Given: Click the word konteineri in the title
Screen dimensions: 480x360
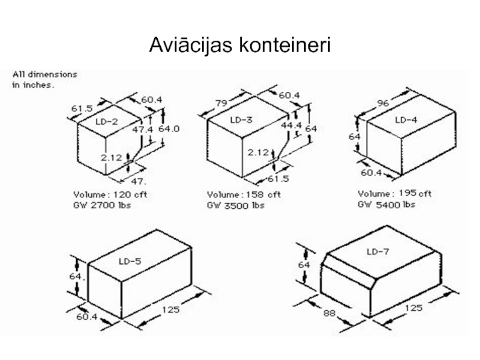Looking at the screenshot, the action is click(x=284, y=45).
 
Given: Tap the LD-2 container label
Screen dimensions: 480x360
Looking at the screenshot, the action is click(x=107, y=122).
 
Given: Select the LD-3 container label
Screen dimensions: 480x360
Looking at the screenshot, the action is click(x=241, y=119).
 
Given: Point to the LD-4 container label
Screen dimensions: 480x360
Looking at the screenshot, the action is click(x=406, y=119).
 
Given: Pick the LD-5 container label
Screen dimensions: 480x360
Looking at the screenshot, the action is click(x=130, y=261).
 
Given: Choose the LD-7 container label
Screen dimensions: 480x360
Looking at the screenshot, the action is click(x=378, y=251).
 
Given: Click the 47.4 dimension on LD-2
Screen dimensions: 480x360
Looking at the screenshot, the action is click(x=142, y=130).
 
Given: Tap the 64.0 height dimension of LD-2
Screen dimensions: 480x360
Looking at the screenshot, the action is click(x=169, y=129).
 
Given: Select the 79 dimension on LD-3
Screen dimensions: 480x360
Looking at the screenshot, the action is click(x=221, y=103).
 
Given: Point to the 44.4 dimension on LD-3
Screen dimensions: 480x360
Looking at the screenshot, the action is click(x=292, y=125).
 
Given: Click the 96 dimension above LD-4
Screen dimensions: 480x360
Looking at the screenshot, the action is click(x=383, y=103).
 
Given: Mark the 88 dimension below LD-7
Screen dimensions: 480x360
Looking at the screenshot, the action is click(x=329, y=313).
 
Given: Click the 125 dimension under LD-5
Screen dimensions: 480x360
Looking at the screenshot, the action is click(x=170, y=310).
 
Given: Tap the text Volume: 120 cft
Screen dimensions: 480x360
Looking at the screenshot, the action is click(x=110, y=194).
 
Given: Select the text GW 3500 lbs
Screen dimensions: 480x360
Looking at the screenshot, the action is click(x=236, y=205).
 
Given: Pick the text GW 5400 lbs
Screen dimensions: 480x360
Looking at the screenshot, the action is click(x=386, y=204).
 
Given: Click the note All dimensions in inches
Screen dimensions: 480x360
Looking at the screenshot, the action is click(x=44, y=80).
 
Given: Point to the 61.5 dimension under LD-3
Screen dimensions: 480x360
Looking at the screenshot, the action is click(x=278, y=178).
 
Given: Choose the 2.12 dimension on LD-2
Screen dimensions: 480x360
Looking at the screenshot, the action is click(x=112, y=158).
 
